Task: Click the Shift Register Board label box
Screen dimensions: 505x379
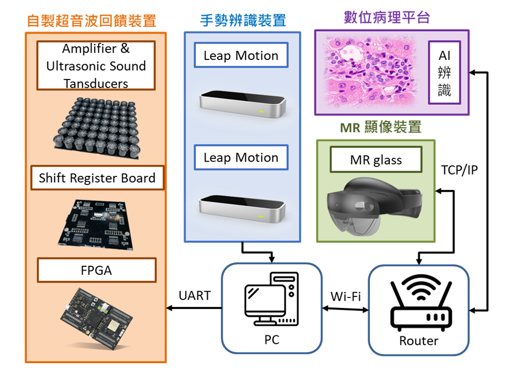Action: (97, 178)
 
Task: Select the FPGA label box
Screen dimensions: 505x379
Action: (97, 270)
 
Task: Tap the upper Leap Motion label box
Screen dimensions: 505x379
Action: (241, 55)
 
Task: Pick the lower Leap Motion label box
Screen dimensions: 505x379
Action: (241, 157)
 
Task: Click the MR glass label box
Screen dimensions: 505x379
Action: (376, 159)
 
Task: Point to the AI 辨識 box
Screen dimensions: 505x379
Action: (445, 73)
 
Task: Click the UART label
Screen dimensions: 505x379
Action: (195, 295)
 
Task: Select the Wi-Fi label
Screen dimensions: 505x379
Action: (346, 296)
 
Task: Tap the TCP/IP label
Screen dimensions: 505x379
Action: (459, 170)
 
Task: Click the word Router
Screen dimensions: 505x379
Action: (419, 341)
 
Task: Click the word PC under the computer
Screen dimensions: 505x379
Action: (272, 340)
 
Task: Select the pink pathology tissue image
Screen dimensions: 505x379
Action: (370, 72)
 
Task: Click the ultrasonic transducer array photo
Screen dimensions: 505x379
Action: (97, 128)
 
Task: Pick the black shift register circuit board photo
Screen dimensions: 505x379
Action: (96, 225)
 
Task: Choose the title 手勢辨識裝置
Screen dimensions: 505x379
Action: (243, 21)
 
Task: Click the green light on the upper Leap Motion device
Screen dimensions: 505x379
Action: (261, 112)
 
